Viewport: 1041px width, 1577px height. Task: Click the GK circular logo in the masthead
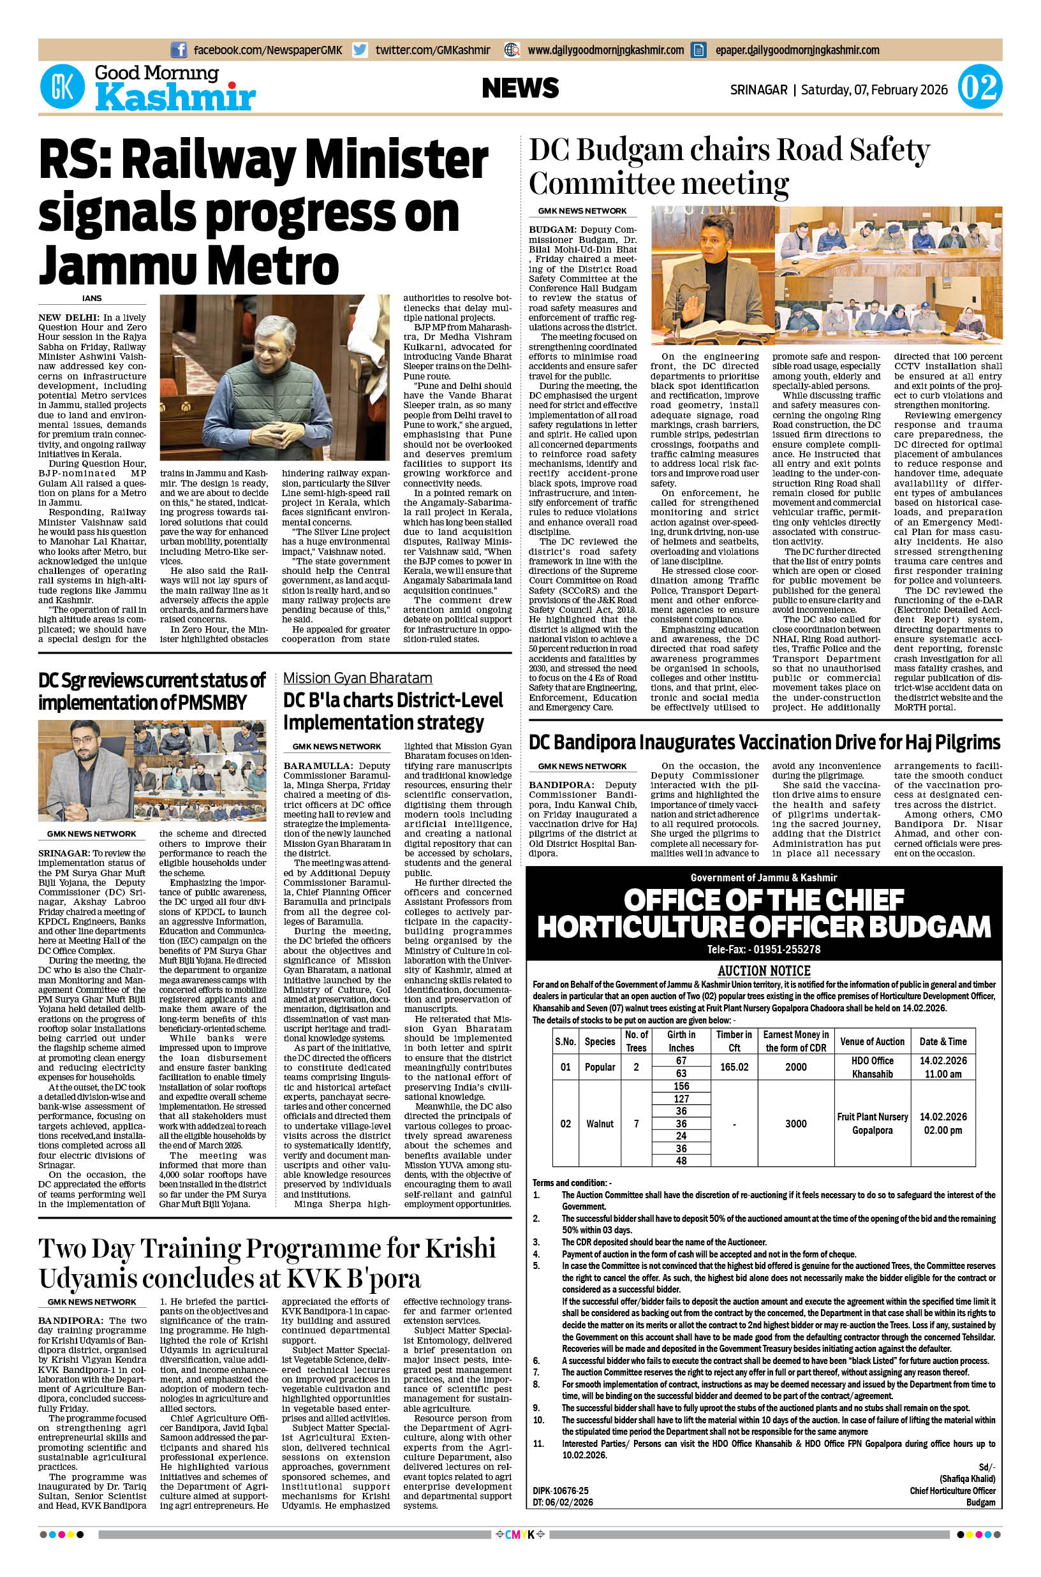63,87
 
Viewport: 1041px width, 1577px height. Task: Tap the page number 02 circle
979,87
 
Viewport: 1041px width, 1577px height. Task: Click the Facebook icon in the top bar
179,50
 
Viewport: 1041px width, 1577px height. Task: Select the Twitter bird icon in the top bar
360,50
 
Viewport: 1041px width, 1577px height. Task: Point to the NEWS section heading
520,88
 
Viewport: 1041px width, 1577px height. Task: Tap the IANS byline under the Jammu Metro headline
92,298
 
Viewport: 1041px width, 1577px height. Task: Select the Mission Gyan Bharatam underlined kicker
357,678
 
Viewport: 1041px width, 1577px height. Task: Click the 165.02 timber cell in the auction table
734,1067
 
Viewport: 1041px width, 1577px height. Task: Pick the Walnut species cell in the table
600,1124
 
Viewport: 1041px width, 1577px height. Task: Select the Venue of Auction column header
872,1041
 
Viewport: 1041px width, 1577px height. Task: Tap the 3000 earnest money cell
796,1124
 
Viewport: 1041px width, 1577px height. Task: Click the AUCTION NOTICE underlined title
764,971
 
